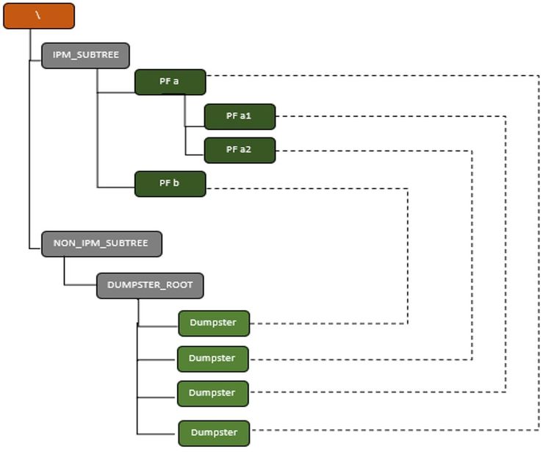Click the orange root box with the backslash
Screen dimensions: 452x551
click(38, 16)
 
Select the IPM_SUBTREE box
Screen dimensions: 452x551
click(85, 56)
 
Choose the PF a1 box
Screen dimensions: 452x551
click(240, 116)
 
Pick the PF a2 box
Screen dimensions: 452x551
click(240, 150)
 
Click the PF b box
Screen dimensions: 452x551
click(170, 184)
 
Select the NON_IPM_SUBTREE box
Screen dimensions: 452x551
click(101, 243)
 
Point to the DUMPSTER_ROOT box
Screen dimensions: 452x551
click(149, 286)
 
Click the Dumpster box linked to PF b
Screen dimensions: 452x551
click(213, 323)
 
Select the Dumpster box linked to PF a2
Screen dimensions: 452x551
click(212, 359)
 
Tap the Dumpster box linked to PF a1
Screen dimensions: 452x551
click(212, 393)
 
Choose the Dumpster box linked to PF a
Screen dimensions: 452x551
click(213, 433)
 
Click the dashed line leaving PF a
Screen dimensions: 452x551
click(367, 75)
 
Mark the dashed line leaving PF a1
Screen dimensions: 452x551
click(389, 116)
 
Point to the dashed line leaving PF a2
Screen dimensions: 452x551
click(375, 151)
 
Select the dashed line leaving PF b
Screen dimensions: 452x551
click(309, 189)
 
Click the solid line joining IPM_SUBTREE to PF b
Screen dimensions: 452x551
click(98, 147)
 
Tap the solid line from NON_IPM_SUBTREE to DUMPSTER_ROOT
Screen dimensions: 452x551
click(65, 272)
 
